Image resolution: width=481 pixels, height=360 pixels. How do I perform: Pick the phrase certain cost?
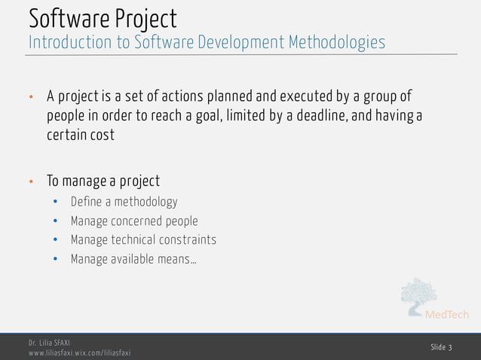[x=81, y=136]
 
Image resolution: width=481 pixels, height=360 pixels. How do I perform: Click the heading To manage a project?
[x=103, y=182]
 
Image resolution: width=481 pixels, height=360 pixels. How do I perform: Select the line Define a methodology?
[x=124, y=202]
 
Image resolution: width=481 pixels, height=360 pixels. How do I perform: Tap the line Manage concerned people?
[x=134, y=221]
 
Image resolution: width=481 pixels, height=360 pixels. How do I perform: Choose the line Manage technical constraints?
[x=143, y=240]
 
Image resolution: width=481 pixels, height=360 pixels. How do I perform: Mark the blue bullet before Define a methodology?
[x=55, y=203]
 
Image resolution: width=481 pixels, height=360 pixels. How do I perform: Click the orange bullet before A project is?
[x=31, y=99]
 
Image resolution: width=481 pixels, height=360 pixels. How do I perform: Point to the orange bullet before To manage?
[x=31, y=182]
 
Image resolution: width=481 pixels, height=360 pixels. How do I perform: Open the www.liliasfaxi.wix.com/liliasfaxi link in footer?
[x=79, y=353]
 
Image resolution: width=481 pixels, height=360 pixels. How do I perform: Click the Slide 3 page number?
[x=441, y=347]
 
